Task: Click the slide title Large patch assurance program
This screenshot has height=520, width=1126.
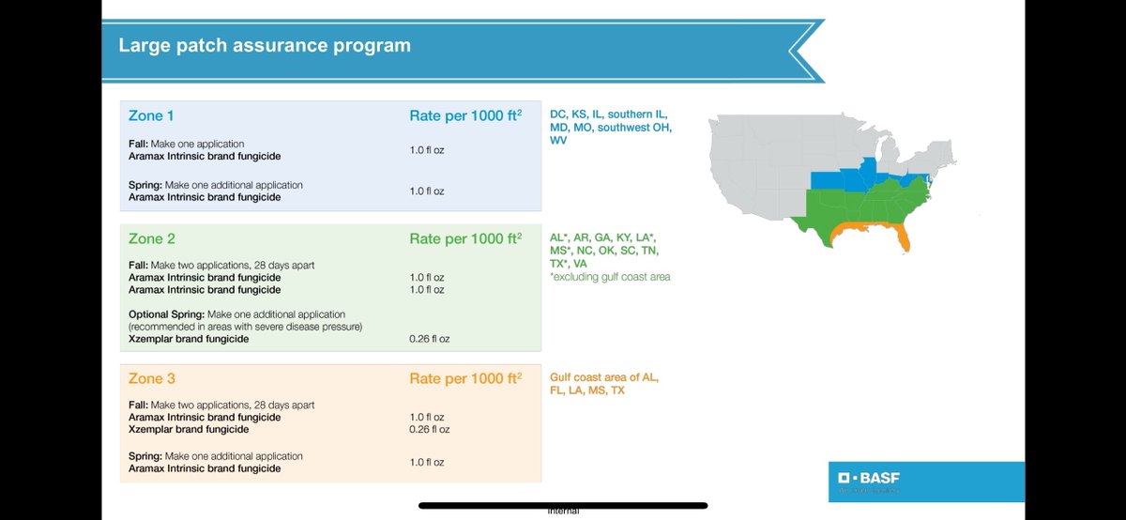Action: [x=265, y=45]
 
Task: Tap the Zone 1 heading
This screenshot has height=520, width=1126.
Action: [x=153, y=115]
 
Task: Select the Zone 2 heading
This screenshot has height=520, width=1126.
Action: [x=153, y=238]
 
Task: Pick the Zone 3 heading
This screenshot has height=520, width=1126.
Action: [x=153, y=379]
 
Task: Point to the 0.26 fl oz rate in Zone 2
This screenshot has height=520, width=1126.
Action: [x=430, y=339]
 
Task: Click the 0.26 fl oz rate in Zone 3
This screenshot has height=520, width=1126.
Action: [x=430, y=430]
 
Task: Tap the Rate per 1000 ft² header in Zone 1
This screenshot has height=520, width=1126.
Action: [x=465, y=115]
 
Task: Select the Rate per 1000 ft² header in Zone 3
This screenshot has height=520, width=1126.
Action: [x=465, y=379]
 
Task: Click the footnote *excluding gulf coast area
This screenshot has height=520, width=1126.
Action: [x=610, y=277]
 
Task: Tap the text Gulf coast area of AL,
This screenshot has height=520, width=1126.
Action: [x=604, y=377]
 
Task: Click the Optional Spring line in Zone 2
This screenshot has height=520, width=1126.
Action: [x=237, y=314]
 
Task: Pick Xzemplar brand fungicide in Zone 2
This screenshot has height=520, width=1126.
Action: [x=189, y=339]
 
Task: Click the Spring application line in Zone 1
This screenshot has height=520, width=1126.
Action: [x=216, y=185]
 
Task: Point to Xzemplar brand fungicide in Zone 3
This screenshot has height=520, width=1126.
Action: [x=189, y=430]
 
